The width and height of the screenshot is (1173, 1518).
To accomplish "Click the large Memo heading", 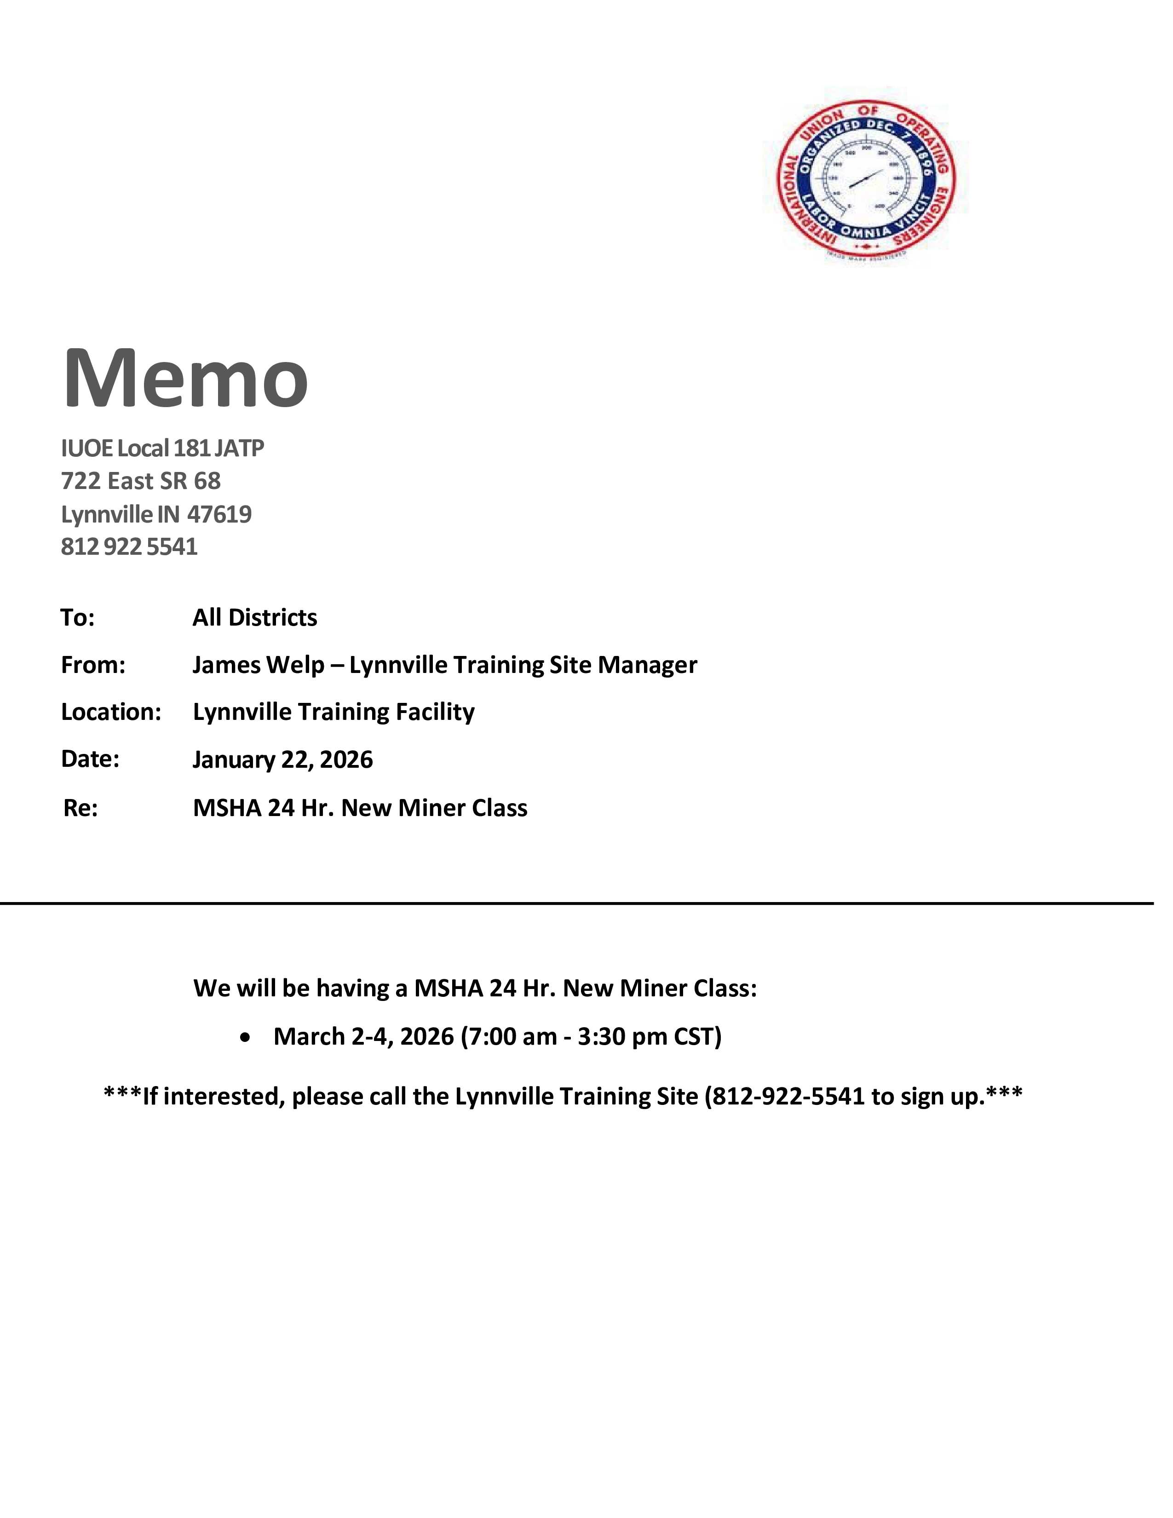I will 185,379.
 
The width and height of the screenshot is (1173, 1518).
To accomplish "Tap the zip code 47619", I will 219,514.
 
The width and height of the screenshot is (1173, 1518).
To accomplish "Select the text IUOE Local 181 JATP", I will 162,448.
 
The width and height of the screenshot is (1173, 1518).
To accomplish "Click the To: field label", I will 77,617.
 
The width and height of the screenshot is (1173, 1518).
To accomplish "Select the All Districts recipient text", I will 254,617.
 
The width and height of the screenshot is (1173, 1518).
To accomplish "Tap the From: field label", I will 92,665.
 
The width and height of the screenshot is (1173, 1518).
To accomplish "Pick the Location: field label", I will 111,712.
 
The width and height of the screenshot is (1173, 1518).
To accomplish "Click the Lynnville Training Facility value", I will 333,712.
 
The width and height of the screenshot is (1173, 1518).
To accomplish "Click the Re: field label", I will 80,808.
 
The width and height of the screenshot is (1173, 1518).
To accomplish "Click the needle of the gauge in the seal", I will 865,179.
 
